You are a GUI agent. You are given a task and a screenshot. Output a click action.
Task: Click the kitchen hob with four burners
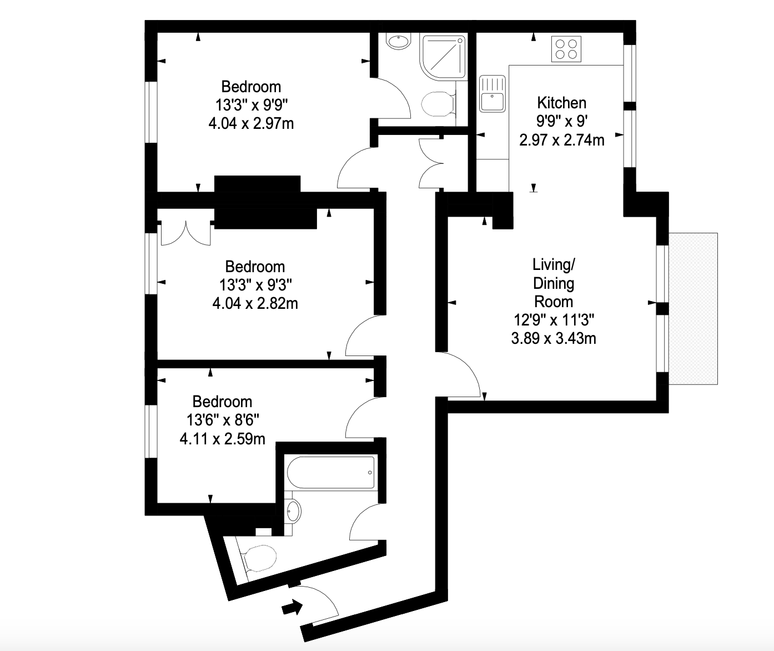pos(566,49)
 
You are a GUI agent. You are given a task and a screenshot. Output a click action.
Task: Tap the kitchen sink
pos(492,94)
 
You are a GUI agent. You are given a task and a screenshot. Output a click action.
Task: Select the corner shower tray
pos(443,57)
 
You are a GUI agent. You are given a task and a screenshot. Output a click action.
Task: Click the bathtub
pos(331,472)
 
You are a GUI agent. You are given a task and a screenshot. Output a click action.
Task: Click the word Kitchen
pos(561,103)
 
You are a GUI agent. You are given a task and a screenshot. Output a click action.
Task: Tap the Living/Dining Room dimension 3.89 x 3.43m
pos(554,338)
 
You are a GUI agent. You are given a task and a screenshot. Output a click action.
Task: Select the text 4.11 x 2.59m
pos(223,439)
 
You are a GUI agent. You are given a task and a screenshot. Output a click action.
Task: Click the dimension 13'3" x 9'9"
pos(252,105)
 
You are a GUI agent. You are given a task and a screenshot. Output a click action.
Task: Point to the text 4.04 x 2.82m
pos(255,303)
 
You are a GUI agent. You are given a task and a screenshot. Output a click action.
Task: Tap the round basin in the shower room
pos(399,41)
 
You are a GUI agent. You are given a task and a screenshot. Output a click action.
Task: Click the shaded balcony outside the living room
pos(693,309)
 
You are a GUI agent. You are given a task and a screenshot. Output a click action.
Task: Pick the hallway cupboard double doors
pos(431,163)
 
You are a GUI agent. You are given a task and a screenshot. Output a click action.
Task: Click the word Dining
pos(554,283)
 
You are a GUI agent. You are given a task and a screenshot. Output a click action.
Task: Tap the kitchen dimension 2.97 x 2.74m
pos(561,140)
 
